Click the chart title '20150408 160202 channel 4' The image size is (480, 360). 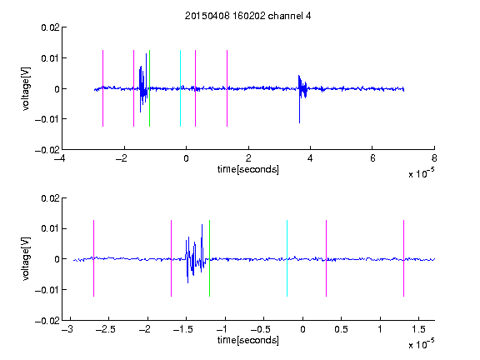[x=247, y=16]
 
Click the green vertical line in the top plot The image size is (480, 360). [x=149, y=88]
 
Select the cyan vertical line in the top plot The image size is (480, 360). [x=180, y=88]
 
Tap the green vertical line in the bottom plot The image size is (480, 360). [x=209, y=258]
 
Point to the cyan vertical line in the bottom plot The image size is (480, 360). [x=287, y=258]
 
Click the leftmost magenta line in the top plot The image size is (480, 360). [x=102, y=88]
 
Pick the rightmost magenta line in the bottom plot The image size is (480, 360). [x=403, y=258]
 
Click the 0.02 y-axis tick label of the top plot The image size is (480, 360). [x=50, y=27]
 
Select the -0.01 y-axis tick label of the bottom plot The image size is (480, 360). [x=47, y=290]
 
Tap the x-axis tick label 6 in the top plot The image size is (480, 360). [x=372, y=158]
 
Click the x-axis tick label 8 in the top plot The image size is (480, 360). [x=434, y=158]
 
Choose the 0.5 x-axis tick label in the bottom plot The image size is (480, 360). [x=341, y=329]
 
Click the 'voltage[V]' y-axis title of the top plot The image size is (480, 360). [x=27, y=89]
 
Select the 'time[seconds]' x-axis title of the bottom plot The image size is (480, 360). [x=248, y=340]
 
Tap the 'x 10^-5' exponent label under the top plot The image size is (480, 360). [x=421, y=173]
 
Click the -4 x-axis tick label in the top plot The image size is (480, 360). [x=59, y=158]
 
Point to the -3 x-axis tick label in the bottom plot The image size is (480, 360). [x=67, y=329]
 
